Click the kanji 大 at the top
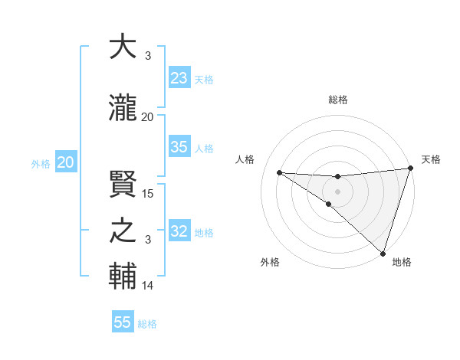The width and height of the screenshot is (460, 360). (123, 47)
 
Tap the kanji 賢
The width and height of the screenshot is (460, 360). (123, 184)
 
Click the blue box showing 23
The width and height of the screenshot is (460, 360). (179, 78)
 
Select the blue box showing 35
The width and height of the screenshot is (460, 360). (179, 147)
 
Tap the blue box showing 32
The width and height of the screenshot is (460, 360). (179, 231)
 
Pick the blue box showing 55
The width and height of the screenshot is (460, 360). (123, 322)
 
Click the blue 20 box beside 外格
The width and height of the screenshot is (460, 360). (66, 162)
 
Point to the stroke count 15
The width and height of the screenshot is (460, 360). (148, 194)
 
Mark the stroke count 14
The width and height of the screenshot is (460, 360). (148, 286)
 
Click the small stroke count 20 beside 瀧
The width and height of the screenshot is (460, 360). (148, 117)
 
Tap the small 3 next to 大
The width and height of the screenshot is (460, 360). (147, 56)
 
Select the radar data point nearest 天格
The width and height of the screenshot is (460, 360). (410, 169)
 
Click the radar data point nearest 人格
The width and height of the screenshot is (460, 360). (280, 172)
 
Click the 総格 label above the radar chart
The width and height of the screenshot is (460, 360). (338, 100)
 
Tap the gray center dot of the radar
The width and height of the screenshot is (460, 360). (337, 190)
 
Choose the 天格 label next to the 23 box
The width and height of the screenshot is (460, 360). (205, 80)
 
